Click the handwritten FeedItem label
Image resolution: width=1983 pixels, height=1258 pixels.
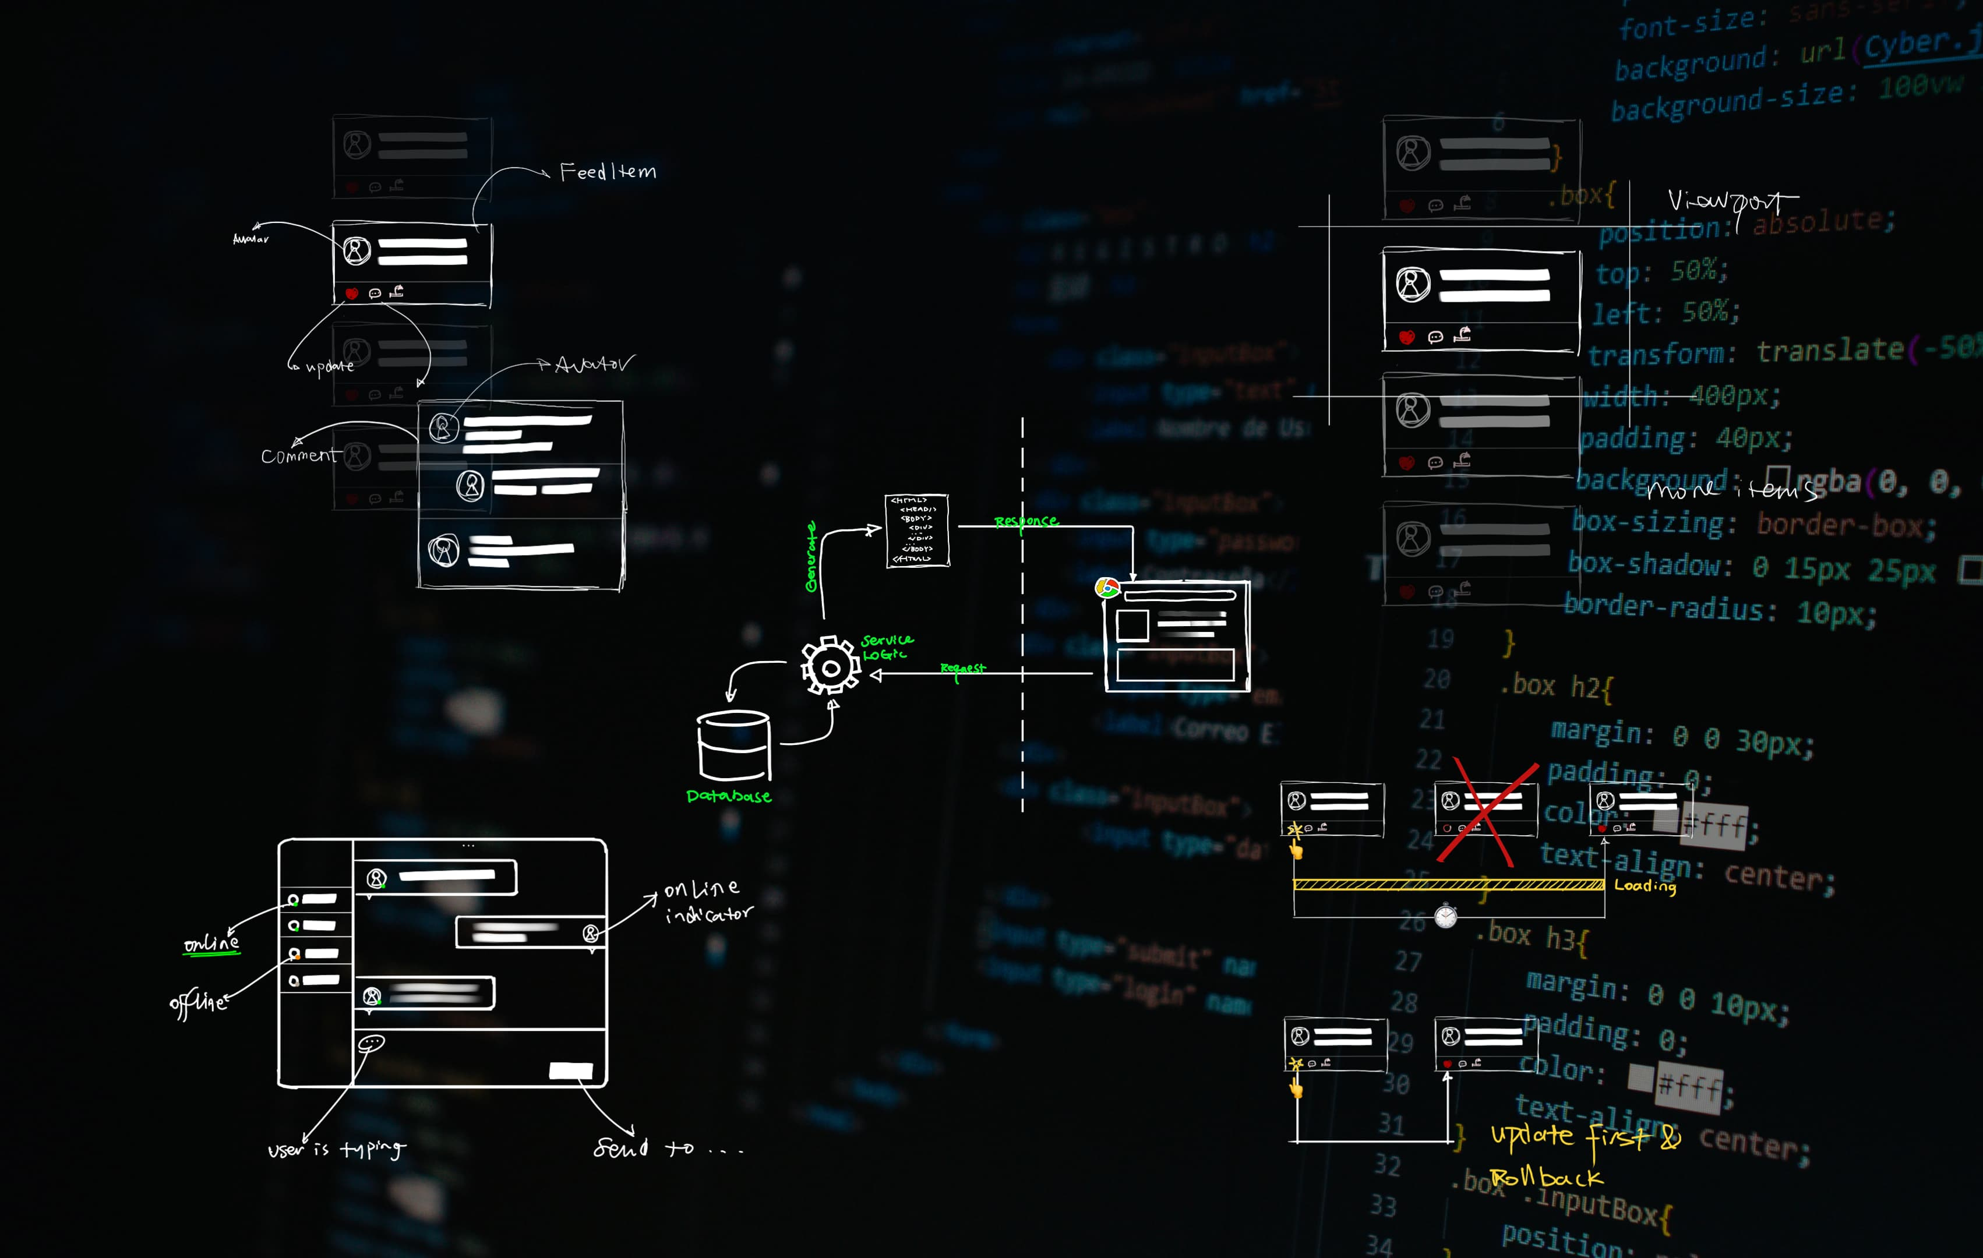pyautogui.click(x=608, y=171)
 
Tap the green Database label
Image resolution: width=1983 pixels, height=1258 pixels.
pyautogui.click(x=729, y=796)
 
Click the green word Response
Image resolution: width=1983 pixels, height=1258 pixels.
pyautogui.click(x=1025, y=521)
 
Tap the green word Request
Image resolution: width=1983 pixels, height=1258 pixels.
pyautogui.click(x=963, y=669)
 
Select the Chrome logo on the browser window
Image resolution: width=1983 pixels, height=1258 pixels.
pyautogui.click(x=1107, y=588)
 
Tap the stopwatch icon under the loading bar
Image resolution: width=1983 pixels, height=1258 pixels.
pyautogui.click(x=1445, y=916)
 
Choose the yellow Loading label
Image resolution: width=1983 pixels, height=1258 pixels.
pyautogui.click(x=1645, y=886)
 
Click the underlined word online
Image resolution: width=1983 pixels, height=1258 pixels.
pyautogui.click(x=211, y=943)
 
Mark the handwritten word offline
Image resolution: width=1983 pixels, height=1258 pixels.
pyautogui.click(x=197, y=1003)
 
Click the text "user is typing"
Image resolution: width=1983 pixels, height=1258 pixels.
pyautogui.click(x=337, y=1149)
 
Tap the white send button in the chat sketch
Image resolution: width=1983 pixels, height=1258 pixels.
pyautogui.click(x=571, y=1070)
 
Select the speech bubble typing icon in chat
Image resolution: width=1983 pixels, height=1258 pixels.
pyautogui.click(x=372, y=1043)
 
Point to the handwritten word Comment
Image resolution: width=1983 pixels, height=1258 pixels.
pyautogui.click(x=299, y=455)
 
